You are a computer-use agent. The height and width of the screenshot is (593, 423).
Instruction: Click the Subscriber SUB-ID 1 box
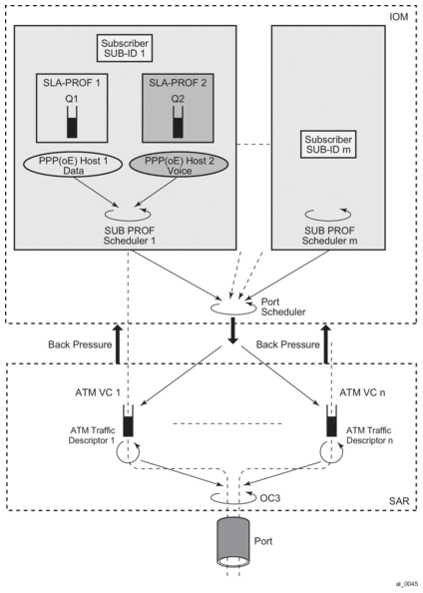point(125,48)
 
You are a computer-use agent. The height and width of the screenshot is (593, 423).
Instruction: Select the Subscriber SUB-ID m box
point(328,144)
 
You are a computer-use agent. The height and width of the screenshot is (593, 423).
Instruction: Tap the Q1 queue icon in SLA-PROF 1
point(72,122)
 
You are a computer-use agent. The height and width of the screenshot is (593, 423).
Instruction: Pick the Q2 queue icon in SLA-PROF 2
point(178,122)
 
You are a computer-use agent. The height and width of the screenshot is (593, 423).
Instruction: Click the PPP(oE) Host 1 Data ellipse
point(73,166)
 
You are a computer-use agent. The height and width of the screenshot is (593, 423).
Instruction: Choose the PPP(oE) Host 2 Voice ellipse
point(180,166)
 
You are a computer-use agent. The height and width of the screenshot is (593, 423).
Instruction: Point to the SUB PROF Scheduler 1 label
point(130,236)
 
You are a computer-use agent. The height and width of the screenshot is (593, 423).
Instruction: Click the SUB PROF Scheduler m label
point(329,236)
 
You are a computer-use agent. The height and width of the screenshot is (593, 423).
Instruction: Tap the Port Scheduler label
point(283,306)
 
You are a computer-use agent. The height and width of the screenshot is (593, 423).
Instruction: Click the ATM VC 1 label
point(98,392)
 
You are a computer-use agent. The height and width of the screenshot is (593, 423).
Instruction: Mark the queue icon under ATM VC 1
point(128,421)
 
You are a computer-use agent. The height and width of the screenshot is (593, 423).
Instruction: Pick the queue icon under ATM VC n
point(331,421)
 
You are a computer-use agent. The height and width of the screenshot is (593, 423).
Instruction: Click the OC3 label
point(270,498)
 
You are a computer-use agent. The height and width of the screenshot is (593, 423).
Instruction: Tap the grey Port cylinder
point(232,542)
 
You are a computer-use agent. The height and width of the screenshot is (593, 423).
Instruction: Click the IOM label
point(398,17)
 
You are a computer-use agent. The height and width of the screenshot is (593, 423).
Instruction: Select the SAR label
point(399,501)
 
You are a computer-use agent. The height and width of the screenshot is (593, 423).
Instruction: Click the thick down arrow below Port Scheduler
point(233,330)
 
